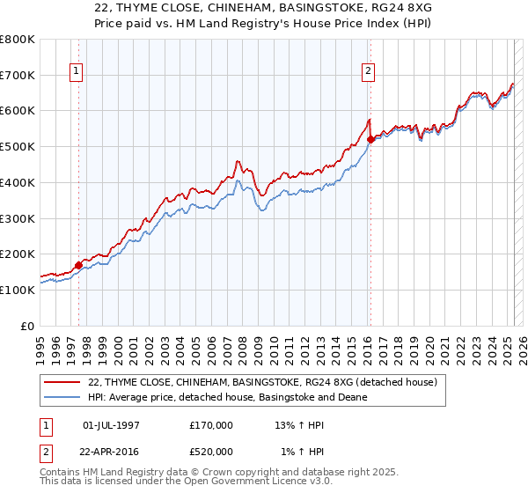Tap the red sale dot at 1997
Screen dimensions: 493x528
pos(78,264)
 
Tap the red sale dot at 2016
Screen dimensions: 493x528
pos(370,138)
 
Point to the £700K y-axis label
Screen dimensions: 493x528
pos(18,75)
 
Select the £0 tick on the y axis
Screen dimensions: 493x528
pos(28,325)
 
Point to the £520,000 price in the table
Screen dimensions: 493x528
pos(211,451)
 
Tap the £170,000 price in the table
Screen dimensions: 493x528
pos(211,425)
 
